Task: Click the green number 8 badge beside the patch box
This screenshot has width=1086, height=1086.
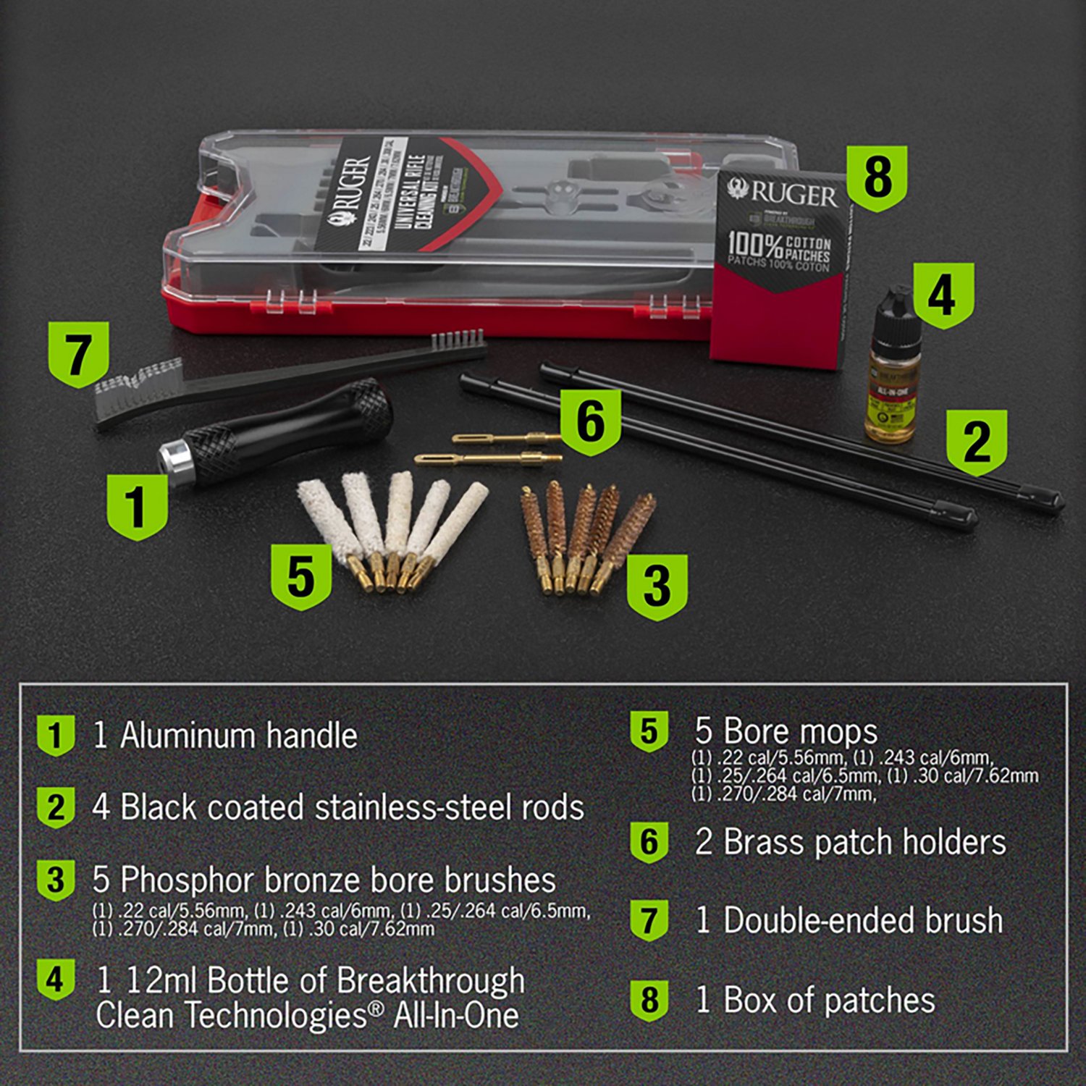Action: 877,177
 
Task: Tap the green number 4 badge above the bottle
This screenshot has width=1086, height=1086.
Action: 943,295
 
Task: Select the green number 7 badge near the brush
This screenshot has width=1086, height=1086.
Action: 78,354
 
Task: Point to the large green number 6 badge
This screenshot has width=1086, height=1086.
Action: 590,422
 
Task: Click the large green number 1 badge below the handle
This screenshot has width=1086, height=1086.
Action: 137,505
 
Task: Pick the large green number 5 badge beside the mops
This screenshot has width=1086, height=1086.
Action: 300,576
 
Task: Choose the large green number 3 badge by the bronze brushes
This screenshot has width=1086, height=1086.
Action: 656,586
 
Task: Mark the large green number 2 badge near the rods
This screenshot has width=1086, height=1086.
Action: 977,441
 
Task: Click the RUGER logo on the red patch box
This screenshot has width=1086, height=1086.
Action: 783,193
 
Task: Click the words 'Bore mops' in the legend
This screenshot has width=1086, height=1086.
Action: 800,731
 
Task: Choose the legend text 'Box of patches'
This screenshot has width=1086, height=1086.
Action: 829,1000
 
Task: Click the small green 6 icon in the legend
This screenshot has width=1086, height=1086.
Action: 649,842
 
